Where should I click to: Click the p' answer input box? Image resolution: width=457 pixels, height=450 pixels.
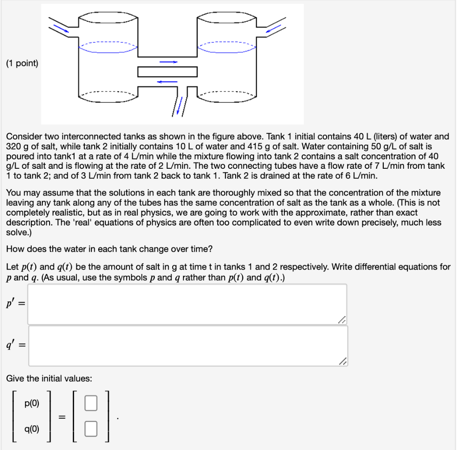tap(187, 304)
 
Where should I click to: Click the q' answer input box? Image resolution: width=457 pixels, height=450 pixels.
tap(187, 346)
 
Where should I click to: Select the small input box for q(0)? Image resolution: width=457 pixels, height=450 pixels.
tap(91, 429)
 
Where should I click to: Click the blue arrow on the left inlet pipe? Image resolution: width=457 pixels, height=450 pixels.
tap(61, 28)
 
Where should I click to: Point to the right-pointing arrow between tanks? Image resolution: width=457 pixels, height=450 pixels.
tap(168, 62)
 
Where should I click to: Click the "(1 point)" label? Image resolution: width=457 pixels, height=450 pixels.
tap(22, 64)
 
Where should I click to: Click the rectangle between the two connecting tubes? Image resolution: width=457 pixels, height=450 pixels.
tap(167, 71)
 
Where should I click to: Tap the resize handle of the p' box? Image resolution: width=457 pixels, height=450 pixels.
tap(342, 319)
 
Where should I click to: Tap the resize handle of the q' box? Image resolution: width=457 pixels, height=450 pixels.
tap(342, 361)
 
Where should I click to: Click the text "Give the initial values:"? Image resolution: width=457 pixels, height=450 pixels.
tap(49, 379)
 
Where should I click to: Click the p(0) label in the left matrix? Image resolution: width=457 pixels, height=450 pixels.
tap(32, 404)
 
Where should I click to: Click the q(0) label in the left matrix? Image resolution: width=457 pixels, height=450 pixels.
tap(32, 429)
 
